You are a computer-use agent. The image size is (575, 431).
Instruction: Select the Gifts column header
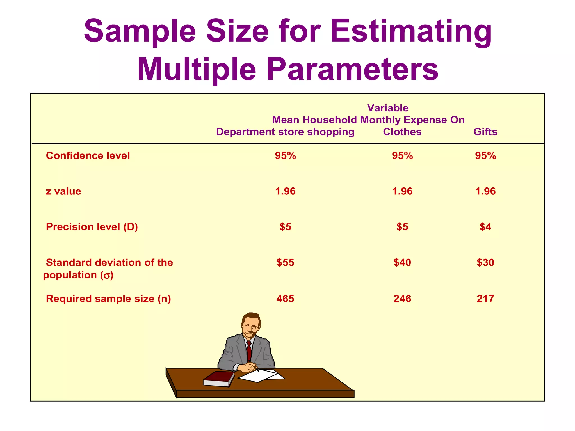coord(485,132)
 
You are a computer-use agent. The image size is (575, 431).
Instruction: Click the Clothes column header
coord(402,132)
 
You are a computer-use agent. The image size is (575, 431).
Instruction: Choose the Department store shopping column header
coord(285,132)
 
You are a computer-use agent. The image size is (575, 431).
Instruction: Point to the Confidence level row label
coord(88,156)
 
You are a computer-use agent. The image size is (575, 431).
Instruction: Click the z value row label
coord(63,191)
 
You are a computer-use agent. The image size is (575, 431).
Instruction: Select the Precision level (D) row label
coord(92,227)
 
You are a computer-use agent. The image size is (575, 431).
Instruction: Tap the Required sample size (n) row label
coord(108,299)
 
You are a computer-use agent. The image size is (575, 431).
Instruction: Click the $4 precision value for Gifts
coord(485,227)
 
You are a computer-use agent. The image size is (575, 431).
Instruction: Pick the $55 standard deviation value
coord(285,262)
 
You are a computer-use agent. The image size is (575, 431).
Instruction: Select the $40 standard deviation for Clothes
coord(402,262)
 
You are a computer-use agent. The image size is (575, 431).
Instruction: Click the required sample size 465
coord(285,299)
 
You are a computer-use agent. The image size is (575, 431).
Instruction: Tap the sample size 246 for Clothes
coord(402,299)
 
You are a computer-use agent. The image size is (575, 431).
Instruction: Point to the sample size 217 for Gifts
coord(485,299)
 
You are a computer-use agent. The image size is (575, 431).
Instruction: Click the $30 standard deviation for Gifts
coord(485,262)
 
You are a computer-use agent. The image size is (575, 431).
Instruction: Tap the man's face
coord(251,327)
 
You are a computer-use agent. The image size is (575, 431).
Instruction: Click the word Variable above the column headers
coord(388,108)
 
